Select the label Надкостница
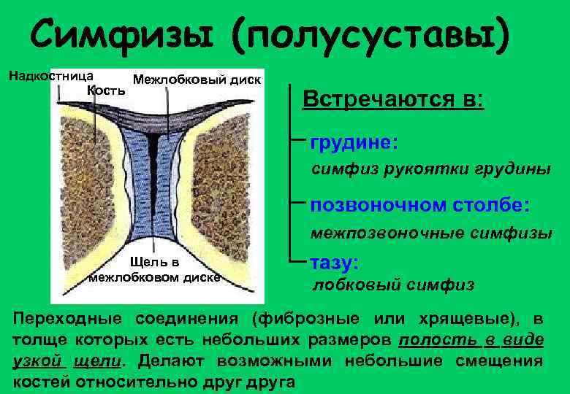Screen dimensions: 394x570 pyautogui.click(x=50, y=75)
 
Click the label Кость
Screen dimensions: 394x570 pyautogui.click(x=106, y=90)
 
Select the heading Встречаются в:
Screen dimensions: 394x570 pyautogui.click(x=392, y=98)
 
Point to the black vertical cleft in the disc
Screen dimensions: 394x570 pyautogui.click(x=154, y=182)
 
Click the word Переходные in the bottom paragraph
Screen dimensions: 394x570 pyautogui.click(x=67, y=320)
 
